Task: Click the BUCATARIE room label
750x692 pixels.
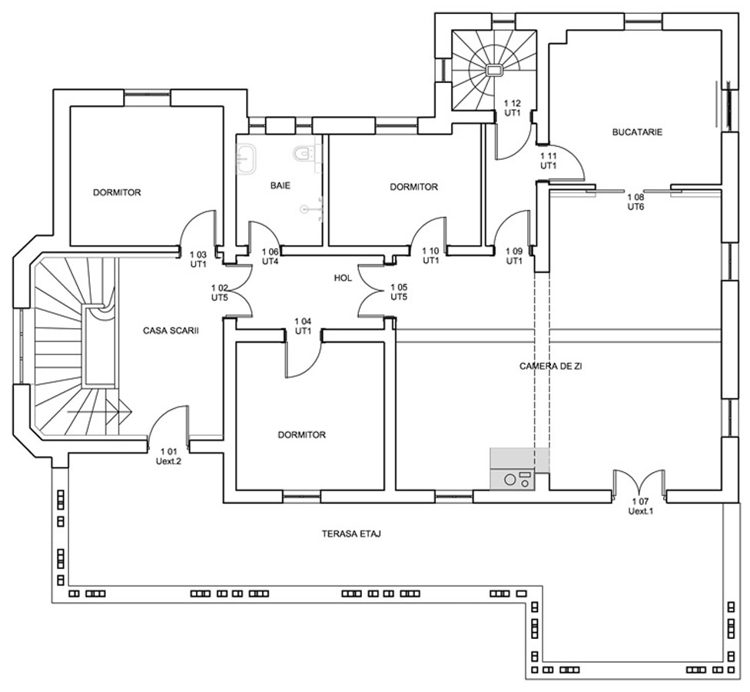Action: click(637, 132)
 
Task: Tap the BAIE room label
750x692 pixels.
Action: click(280, 185)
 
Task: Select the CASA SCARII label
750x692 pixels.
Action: click(171, 331)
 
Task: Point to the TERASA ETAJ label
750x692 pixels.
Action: click(352, 534)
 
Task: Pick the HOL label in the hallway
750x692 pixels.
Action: click(343, 278)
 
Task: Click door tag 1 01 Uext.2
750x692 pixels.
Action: click(168, 456)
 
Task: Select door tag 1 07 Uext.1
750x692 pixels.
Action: click(640, 507)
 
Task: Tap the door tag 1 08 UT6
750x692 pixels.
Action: click(636, 202)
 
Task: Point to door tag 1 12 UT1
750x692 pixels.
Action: click(513, 108)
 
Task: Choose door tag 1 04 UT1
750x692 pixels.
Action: click(304, 326)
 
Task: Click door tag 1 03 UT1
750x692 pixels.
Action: click(198, 259)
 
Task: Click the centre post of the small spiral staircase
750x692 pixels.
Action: click(493, 70)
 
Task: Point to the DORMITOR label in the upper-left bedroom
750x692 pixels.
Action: click(117, 193)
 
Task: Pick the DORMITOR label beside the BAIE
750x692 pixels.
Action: click(413, 187)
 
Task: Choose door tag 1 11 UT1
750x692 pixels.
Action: click(549, 161)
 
